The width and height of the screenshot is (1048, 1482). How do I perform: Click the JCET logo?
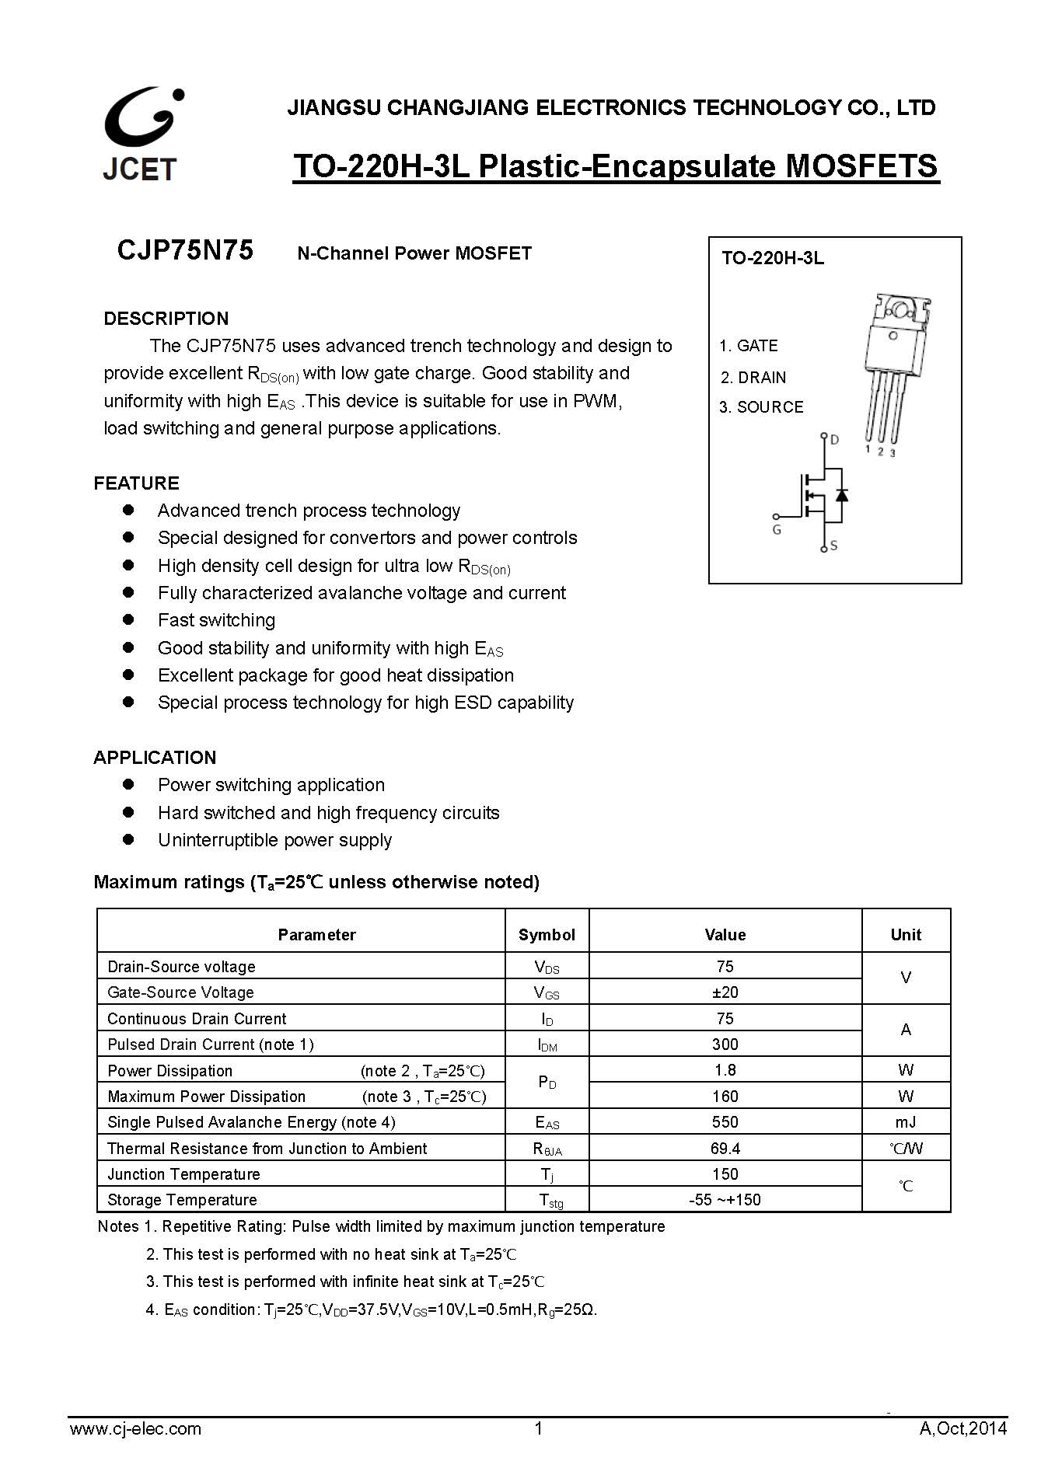pyautogui.click(x=141, y=134)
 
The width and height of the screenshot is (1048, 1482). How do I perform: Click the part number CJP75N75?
pyautogui.click(x=185, y=251)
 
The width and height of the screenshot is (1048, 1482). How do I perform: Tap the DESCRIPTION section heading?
pyautogui.click(x=166, y=319)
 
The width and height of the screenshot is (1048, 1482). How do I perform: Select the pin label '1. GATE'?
pyautogui.click(x=748, y=346)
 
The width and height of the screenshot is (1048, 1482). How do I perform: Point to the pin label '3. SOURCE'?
pyautogui.click(x=760, y=407)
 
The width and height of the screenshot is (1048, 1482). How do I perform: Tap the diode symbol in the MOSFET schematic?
pyautogui.click(x=840, y=495)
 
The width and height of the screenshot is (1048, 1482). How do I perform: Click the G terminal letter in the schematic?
pyautogui.click(x=777, y=530)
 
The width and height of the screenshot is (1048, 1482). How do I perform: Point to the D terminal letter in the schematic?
pyautogui.click(x=834, y=440)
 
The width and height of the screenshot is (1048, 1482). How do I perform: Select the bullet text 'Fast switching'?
pyautogui.click(x=216, y=620)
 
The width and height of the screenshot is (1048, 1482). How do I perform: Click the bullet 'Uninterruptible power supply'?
pyautogui.click(x=274, y=840)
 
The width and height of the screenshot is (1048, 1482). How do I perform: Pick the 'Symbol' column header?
pyautogui.click(x=547, y=935)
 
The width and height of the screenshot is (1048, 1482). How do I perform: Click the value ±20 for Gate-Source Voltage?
pyautogui.click(x=725, y=992)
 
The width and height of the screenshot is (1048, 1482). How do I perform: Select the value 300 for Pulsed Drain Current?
pyautogui.click(x=725, y=1044)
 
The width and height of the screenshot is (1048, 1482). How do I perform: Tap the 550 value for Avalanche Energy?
pyautogui.click(x=725, y=1122)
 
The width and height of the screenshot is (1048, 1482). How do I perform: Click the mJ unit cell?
pyautogui.click(x=905, y=1122)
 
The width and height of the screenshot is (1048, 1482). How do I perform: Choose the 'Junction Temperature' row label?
pyautogui.click(x=183, y=1174)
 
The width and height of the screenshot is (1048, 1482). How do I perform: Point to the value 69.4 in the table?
pyautogui.click(x=725, y=1149)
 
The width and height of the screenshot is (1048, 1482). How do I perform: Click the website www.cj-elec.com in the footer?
pyautogui.click(x=135, y=1428)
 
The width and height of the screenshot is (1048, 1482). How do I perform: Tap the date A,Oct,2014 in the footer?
pyautogui.click(x=962, y=1428)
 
